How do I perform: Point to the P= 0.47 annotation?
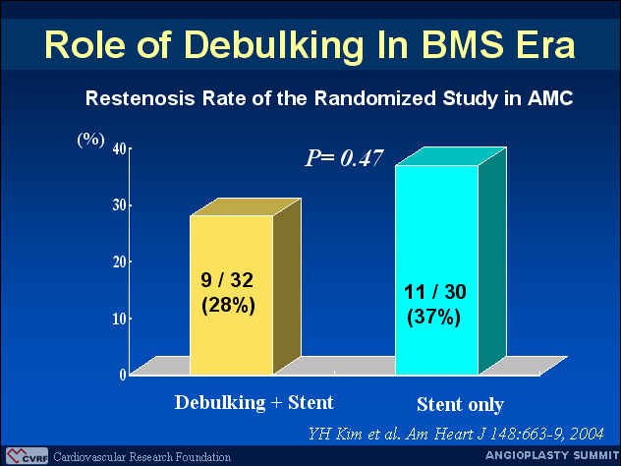pos(344,158)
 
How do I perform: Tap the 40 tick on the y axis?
pos(120,149)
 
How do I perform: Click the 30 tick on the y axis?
pos(120,205)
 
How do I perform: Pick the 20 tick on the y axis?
pos(120,262)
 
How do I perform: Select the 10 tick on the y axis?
pos(120,319)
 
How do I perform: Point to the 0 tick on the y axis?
pos(123,375)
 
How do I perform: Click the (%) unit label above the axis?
pos(91,140)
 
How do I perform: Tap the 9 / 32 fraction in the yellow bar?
pos(227,280)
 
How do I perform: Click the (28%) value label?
pos(228,306)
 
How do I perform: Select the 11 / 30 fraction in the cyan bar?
pos(435,292)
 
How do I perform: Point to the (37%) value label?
pos(433,318)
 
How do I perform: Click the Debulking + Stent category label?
pos(254,403)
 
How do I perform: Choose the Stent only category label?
pos(460,405)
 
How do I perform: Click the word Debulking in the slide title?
pos(274,44)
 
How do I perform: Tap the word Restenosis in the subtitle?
pos(141,98)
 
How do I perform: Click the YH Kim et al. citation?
pos(456,434)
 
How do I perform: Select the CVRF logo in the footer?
pos(28,456)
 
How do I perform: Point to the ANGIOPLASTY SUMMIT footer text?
pos(552,455)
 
